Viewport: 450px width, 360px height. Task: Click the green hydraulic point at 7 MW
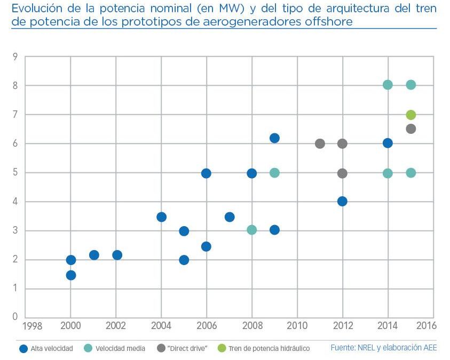(410, 115)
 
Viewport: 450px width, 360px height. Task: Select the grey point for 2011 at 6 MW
(320, 143)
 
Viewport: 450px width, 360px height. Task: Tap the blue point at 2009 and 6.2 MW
(274, 138)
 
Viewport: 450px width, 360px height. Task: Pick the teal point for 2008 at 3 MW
(251, 230)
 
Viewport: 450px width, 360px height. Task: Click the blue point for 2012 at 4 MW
(342, 201)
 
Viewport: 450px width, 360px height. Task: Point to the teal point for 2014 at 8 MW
(388, 85)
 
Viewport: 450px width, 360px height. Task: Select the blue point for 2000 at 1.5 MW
(70, 275)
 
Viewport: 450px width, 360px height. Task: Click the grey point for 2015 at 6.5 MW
(410, 129)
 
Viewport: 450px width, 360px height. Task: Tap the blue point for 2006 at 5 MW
(206, 173)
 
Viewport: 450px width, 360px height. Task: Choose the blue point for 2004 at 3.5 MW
(161, 217)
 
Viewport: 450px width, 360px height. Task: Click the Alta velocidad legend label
(51, 349)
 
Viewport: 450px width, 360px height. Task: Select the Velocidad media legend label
(120, 349)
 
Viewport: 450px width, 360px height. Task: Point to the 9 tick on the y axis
(15, 57)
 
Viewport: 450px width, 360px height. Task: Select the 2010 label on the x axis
(297, 325)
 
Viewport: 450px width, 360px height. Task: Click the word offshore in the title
(326, 22)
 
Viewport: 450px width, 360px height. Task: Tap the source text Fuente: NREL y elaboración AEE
(383, 348)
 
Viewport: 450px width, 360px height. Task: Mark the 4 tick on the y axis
(15, 202)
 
